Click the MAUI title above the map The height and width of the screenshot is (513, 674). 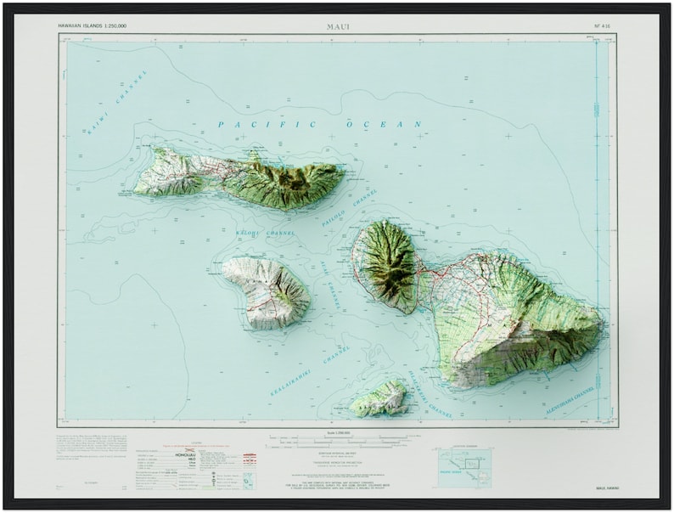[x=337, y=26]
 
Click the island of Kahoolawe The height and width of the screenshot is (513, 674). [x=379, y=398]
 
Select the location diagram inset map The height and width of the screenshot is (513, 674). [x=463, y=466]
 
